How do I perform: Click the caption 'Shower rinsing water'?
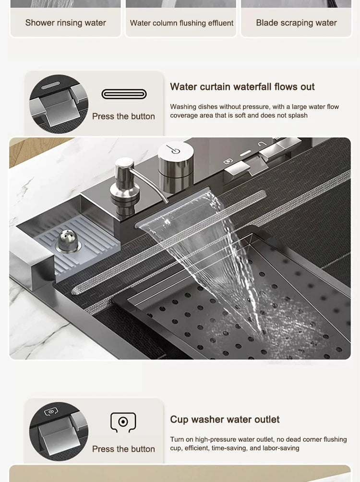(65, 23)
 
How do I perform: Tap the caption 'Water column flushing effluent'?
(181, 23)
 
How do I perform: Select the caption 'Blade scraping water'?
(296, 23)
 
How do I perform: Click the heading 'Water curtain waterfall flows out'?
(242, 87)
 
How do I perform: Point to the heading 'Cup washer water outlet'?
(225, 420)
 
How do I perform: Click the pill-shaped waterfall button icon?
(124, 94)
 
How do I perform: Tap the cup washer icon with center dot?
(123, 422)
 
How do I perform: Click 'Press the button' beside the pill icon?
(123, 116)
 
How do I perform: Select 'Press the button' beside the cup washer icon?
(123, 449)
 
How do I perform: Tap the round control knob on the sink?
(175, 153)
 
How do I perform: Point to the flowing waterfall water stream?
(221, 259)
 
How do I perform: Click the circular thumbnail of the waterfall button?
(59, 104)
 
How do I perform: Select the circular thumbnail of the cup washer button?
(59, 432)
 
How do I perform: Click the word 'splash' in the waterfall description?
(297, 116)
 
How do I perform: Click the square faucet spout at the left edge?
(31, 259)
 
